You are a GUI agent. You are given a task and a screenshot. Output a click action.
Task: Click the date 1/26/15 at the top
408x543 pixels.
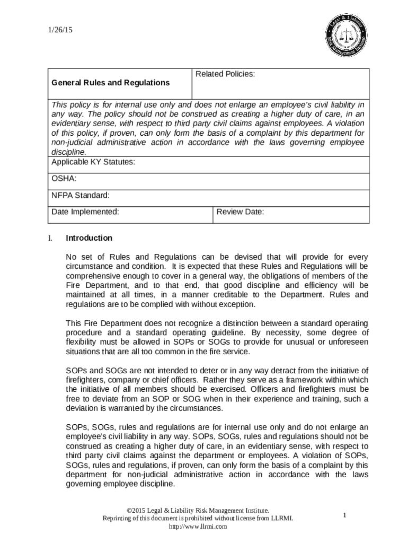(x=61, y=30)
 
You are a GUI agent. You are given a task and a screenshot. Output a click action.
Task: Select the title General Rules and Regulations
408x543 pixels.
(x=111, y=83)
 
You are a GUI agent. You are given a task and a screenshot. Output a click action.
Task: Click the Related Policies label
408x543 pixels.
(x=225, y=74)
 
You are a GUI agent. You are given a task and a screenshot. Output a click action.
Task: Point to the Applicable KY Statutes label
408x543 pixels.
(x=93, y=162)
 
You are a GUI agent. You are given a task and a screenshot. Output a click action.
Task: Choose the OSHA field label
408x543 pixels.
(x=64, y=179)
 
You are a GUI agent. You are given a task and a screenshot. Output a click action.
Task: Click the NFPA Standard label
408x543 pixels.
(x=81, y=196)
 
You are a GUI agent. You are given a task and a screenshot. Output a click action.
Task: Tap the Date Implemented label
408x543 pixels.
(x=85, y=212)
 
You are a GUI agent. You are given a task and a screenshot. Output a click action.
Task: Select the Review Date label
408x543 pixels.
(x=240, y=212)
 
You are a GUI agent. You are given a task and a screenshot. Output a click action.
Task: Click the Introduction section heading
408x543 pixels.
(x=89, y=238)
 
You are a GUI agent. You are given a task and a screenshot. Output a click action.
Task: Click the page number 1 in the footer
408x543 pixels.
(x=344, y=515)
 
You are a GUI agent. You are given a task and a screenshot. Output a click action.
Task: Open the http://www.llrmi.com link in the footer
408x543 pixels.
(x=198, y=527)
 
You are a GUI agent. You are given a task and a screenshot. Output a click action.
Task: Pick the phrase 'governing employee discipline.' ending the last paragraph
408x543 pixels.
(x=120, y=484)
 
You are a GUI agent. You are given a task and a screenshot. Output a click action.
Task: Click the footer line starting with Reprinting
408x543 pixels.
(x=198, y=518)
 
